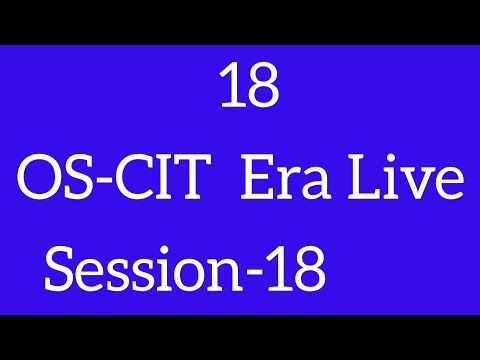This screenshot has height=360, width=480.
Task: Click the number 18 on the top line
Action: [248, 89]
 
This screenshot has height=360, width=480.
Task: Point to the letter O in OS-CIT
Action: [42, 185]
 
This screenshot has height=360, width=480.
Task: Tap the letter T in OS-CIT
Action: [195, 185]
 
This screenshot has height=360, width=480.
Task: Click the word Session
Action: [141, 269]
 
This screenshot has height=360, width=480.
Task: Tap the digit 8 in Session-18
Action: [308, 268]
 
